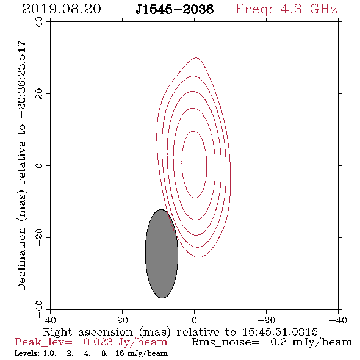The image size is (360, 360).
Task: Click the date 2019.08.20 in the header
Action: [62, 9]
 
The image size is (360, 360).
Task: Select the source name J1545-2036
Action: [175, 9]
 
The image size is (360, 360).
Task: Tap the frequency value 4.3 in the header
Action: [291, 9]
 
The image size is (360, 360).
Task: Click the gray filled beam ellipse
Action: [162, 254]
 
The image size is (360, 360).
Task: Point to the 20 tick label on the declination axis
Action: [39, 94]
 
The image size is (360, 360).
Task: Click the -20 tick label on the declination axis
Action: [39, 237]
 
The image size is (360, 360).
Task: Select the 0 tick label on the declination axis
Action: [39, 165]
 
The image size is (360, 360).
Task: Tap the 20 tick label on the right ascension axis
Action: [123, 320]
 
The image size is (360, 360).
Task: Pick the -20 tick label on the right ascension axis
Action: [266, 320]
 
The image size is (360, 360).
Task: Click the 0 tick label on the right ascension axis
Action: [194, 320]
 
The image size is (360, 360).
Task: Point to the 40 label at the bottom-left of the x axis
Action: [50, 320]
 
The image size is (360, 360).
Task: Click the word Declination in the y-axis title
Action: [21, 259]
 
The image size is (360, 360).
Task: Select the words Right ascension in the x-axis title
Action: [88, 332]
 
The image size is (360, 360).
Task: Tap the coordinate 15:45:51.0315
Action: [280, 332]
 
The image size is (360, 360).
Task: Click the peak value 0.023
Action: [98, 342]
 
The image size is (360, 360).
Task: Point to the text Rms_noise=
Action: [225, 342]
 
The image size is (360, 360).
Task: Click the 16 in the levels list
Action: [120, 353]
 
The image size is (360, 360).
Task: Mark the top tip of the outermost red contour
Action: [195, 57]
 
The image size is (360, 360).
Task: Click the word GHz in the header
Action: [323, 9]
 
